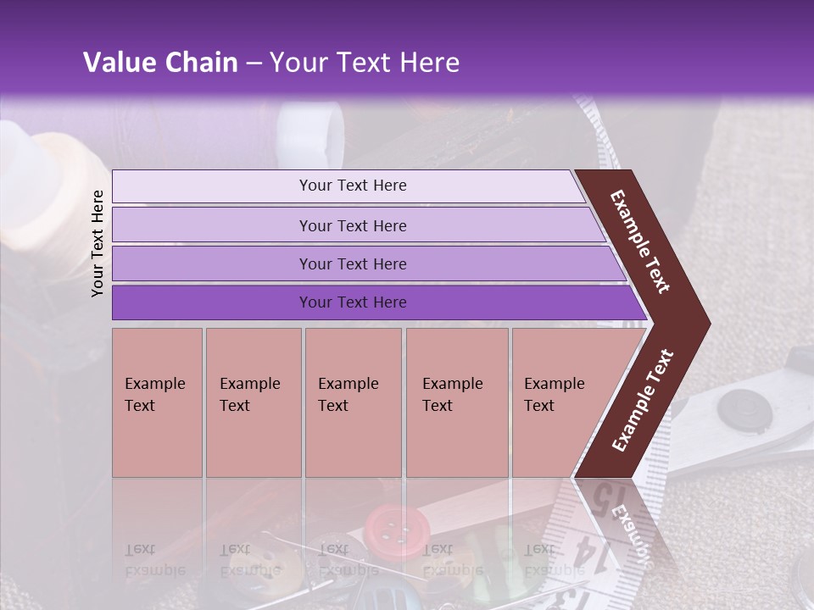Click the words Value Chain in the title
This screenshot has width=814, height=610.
pyautogui.click(x=160, y=63)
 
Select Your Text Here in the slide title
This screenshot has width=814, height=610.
pyautogui.click(x=365, y=63)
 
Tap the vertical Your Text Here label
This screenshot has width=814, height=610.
pyautogui.click(x=98, y=243)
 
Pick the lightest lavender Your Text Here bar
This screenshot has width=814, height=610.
pyautogui.click(x=352, y=186)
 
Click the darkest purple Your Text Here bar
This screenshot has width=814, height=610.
pyautogui.click(x=352, y=302)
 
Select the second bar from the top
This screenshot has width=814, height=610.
pyautogui.click(x=352, y=225)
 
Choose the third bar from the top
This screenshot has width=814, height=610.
pyautogui.click(x=352, y=263)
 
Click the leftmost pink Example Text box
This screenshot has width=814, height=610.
pyautogui.click(x=157, y=402)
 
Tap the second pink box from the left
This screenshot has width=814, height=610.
pyautogui.click(x=253, y=402)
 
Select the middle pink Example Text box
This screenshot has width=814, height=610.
pyautogui.click(x=353, y=402)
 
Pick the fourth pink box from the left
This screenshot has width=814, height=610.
pyautogui.click(x=456, y=402)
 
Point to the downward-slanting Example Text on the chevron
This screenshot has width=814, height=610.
pyautogui.click(x=640, y=242)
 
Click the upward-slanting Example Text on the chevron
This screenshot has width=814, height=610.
pyautogui.click(x=643, y=401)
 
